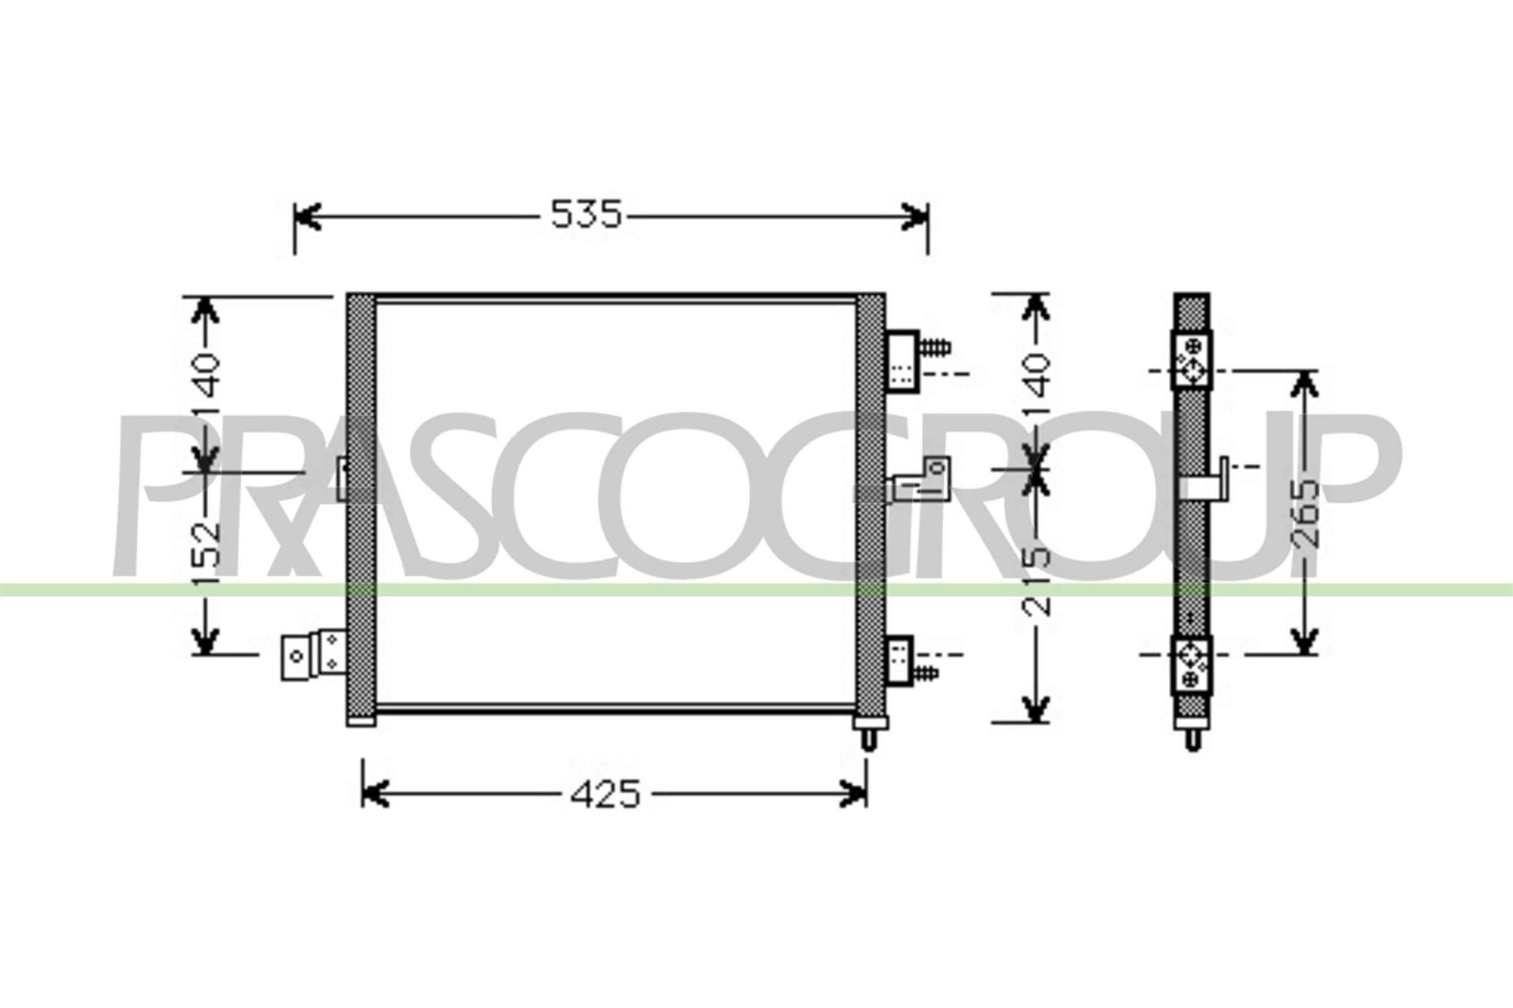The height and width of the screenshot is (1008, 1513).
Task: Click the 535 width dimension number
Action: click(586, 215)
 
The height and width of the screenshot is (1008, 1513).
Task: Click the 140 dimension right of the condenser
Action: click(1035, 384)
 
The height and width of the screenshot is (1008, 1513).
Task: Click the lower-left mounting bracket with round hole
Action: click(296, 657)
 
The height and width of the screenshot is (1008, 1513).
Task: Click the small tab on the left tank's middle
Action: click(343, 478)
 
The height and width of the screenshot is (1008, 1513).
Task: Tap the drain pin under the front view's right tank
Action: click(869, 740)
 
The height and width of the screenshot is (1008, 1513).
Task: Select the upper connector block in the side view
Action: click(1191, 361)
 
